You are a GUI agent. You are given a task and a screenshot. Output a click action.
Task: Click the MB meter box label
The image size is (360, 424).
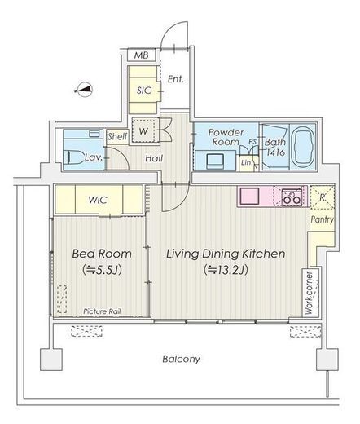(142, 55)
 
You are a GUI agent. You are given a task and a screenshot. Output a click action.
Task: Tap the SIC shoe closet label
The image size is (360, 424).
(144, 91)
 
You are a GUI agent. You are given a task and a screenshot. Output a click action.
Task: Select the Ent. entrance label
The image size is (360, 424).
(176, 79)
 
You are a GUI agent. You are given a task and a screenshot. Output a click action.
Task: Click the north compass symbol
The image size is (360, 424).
(84, 90)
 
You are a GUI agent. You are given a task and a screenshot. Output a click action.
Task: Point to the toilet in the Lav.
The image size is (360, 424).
(73, 157)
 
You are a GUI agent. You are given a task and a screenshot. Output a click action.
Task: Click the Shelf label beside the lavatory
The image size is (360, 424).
(117, 136)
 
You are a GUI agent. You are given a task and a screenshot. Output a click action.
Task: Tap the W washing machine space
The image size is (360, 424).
(143, 131)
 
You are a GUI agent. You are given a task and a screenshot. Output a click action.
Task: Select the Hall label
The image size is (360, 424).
(154, 158)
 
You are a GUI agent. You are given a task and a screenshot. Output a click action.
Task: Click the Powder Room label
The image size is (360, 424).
(226, 137)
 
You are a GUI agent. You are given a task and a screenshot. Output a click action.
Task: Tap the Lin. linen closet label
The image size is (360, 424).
(247, 162)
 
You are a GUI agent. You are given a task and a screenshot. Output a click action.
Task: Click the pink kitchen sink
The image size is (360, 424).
(249, 196)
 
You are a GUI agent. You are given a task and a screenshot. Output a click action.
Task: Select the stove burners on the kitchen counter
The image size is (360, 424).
(292, 197)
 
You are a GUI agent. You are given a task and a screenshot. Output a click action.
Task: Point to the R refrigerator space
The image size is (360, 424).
(323, 197)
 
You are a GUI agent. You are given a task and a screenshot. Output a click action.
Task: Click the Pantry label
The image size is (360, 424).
(323, 219)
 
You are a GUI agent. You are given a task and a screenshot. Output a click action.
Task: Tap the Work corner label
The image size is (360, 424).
(310, 293)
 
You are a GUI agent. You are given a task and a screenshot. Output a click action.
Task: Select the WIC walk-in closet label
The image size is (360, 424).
(98, 200)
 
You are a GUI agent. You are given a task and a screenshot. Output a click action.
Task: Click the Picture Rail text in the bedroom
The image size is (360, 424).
(102, 311)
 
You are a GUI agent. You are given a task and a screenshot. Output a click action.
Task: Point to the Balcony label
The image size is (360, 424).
(181, 359)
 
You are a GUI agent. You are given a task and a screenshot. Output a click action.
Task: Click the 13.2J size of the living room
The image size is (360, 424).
(226, 270)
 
